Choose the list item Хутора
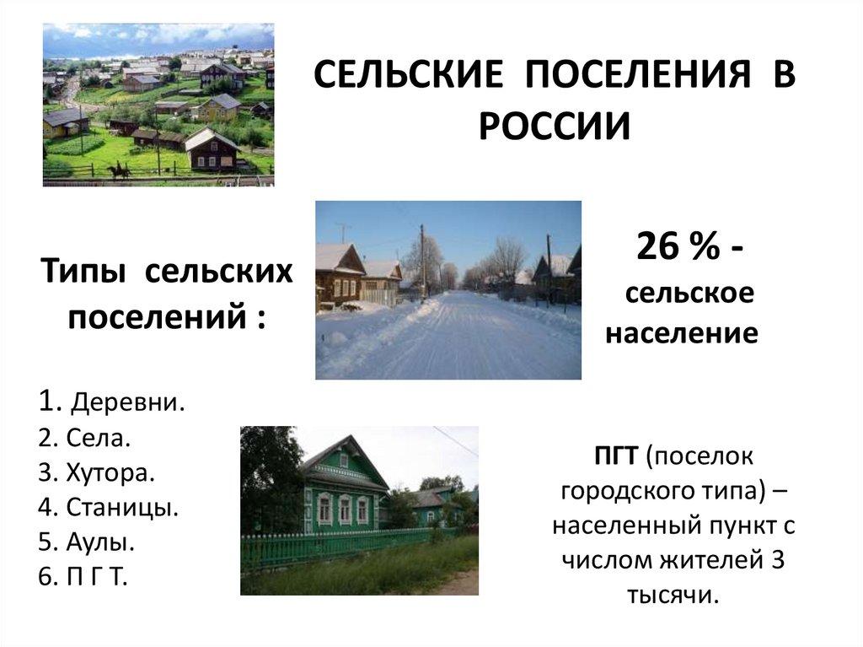(110, 472)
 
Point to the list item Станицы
(121, 508)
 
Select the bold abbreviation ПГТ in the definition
(617, 457)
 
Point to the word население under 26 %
(682, 333)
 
